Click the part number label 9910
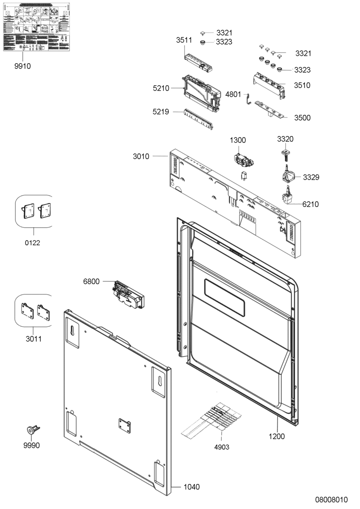pos(22,66)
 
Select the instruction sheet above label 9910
pos(36,27)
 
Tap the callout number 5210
pos(161,88)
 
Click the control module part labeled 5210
pos(202,92)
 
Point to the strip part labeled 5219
pos(199,119)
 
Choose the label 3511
pos(184,40)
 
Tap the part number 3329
pos(311,177)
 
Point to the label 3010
pos(141,157)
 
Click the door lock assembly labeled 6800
pos(127,295)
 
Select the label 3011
pos(33,339)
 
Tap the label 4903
pos(221,447)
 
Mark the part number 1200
pos(277,436)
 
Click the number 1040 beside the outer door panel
pos(191,487)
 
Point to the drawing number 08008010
pos(331,500)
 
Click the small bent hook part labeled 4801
pos(249,100)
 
